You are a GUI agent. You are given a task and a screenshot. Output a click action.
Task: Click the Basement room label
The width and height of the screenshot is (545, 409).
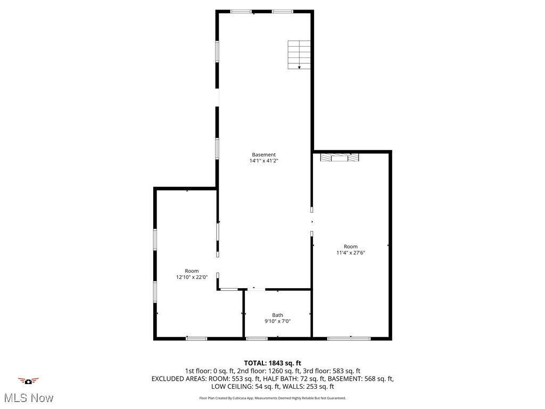point(263,155)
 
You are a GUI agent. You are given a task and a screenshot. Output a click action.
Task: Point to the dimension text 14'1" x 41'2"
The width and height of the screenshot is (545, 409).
point(263,161)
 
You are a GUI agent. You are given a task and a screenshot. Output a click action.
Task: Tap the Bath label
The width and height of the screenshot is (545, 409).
point(277,315)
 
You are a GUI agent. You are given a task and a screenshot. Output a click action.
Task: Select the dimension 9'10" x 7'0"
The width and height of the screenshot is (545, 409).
point(277,321)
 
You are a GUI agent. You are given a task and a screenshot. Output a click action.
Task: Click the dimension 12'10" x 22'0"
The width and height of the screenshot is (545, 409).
point(192,277)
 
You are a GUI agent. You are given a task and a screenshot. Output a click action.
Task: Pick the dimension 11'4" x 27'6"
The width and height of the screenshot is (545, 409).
point(350,252)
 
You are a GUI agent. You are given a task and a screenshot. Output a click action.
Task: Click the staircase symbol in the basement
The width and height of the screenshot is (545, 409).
point(299,55)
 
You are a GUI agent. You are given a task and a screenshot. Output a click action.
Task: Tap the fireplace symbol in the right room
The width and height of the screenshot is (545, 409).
point(339,157)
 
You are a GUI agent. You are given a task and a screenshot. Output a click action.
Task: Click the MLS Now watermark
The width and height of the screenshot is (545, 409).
point(28,398)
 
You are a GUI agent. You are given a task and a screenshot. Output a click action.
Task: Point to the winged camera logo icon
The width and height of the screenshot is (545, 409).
point(28,381)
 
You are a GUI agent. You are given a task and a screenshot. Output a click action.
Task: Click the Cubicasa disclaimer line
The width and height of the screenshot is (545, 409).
point(272,398)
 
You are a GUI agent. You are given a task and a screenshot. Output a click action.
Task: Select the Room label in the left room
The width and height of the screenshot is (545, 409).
point(192,271)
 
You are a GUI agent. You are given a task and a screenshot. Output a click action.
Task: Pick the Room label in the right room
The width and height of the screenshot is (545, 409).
point(350,247)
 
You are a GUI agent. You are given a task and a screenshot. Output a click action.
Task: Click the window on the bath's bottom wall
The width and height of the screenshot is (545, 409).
point(257,338)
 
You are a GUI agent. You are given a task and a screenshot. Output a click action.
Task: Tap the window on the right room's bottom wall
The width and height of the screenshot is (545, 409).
point(349,338)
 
